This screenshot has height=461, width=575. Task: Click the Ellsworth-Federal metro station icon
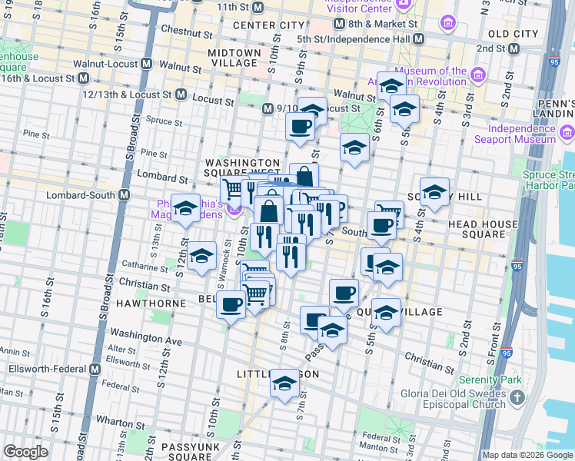point(95,369)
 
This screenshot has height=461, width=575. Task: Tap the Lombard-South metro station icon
point(123,195)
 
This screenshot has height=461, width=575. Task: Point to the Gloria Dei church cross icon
point(517,398)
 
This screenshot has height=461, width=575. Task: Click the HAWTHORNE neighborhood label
point(151,303)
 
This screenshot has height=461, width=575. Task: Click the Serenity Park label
point(490,380)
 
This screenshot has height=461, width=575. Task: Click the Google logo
point(25,452)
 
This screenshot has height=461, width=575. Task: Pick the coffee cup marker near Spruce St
point(300,125)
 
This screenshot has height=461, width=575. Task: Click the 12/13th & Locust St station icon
point(181,95)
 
